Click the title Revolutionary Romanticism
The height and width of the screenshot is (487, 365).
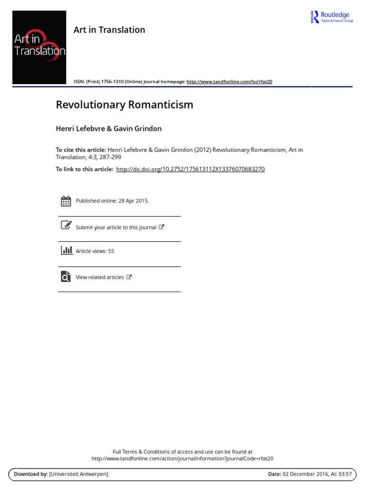tap(125, 105)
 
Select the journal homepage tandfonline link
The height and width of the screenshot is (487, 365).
tap(229, 81)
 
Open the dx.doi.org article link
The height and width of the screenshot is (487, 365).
tap(190, 169)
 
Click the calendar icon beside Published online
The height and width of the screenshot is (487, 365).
tap(66, 201)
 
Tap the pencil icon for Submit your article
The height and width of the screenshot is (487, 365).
tap(66, 225)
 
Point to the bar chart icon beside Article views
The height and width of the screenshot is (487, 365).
tap(66, 250)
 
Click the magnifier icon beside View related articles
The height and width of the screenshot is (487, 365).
tap(66, 276)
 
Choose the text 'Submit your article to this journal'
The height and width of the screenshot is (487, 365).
tap(116, 227)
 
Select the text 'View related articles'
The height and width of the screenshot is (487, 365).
tap(100, 277)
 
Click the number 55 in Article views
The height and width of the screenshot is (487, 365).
tap(111, 251)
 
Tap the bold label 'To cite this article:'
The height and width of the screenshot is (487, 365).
tap(81, 150)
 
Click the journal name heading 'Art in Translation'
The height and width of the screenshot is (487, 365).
tap(109, 30)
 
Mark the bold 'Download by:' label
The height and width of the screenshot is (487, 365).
tap(31, 474)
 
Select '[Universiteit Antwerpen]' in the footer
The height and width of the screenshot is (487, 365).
tap(78, 474)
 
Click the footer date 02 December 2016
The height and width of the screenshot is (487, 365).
tap(304, 474)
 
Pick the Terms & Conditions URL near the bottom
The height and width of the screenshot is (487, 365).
tap(182, 458)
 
